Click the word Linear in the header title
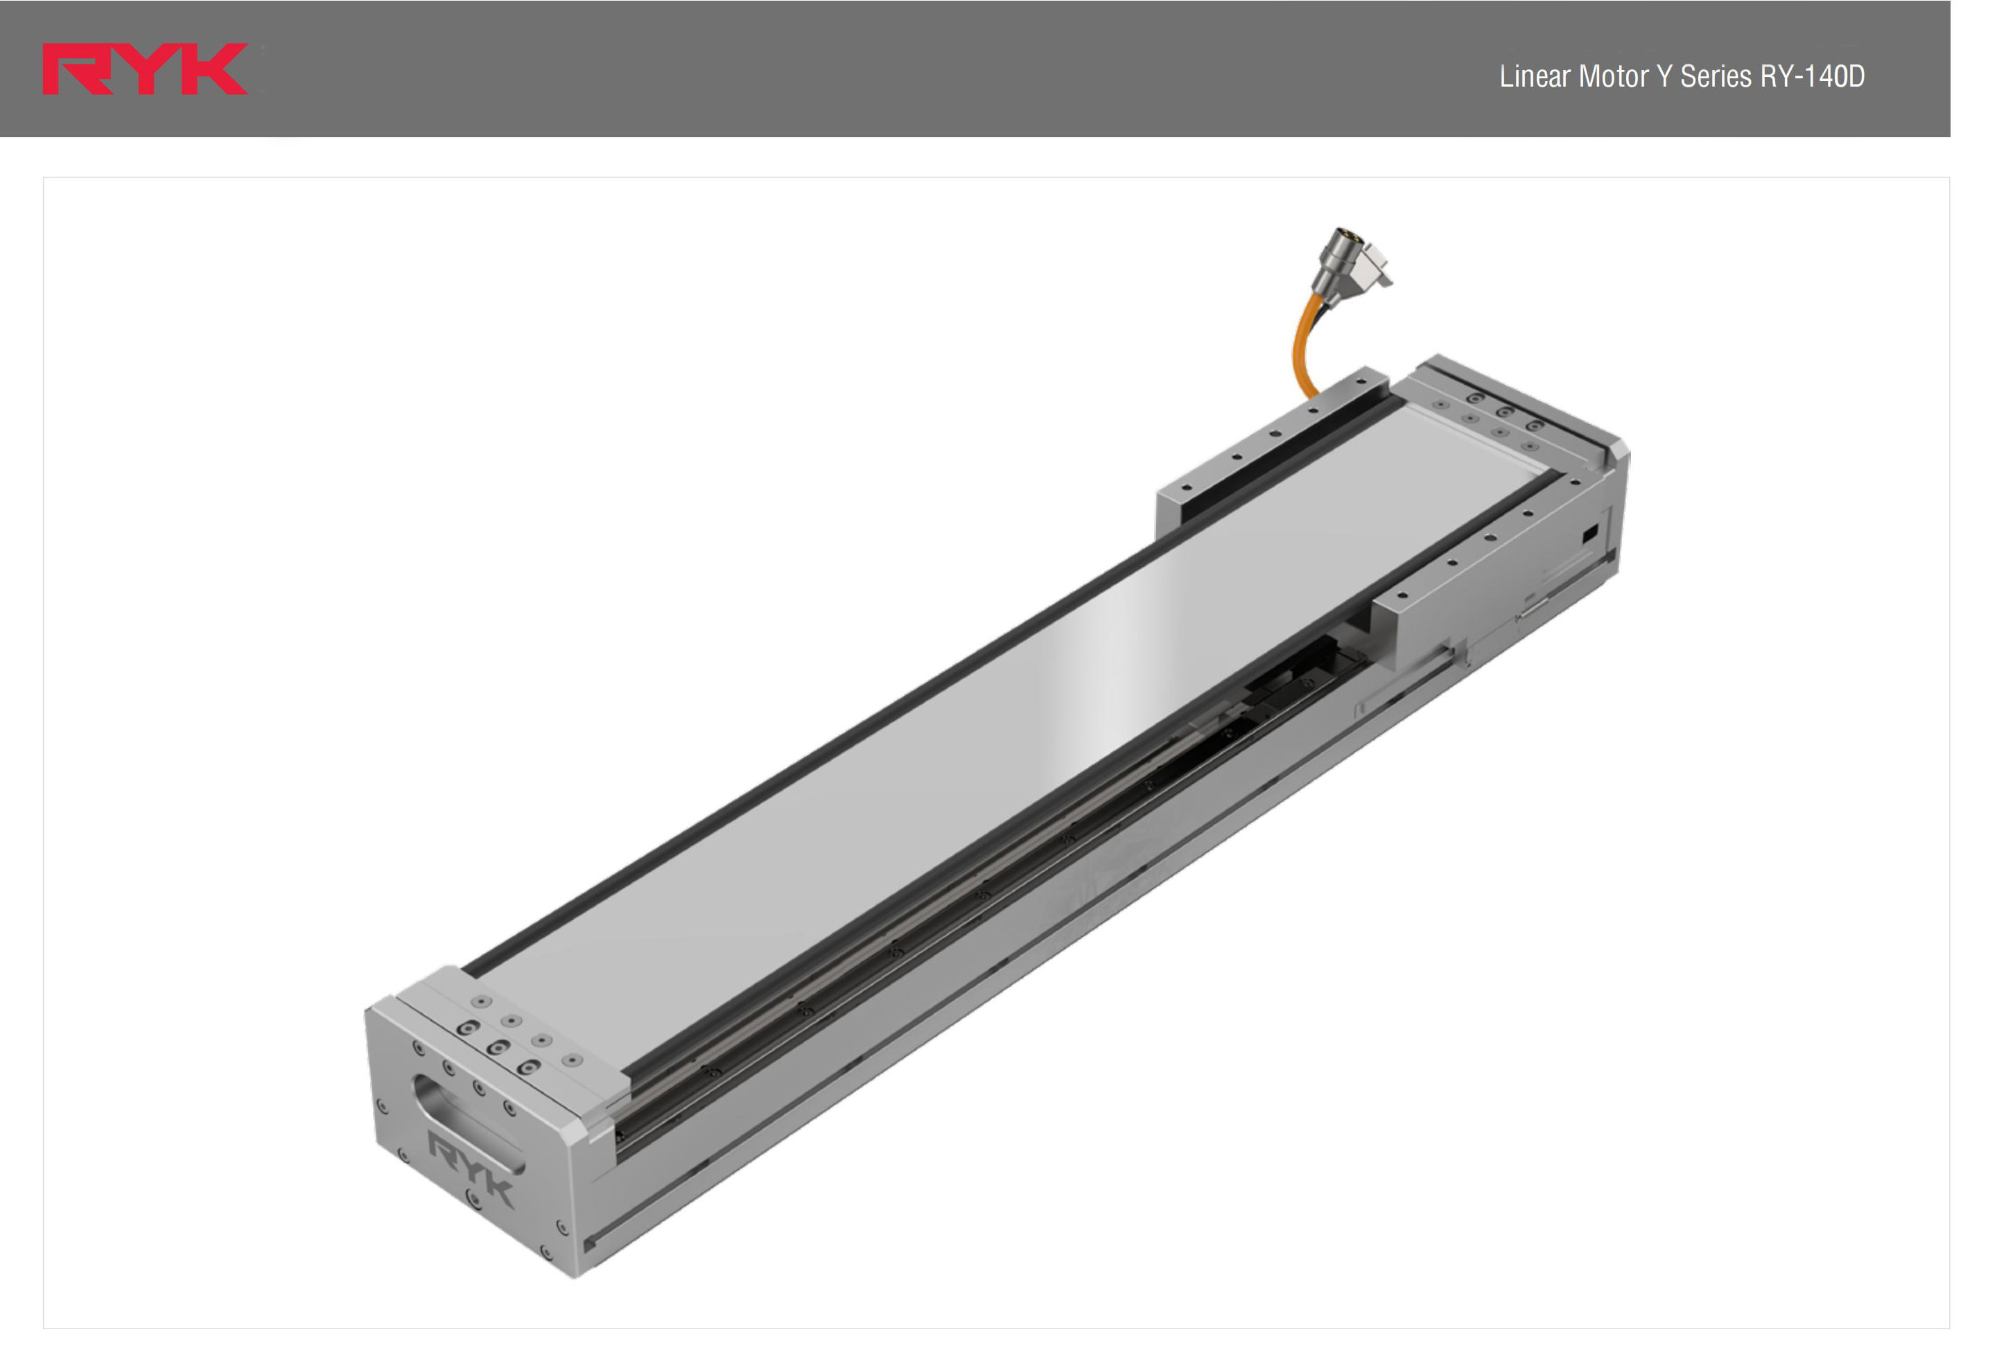(1535, 76)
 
